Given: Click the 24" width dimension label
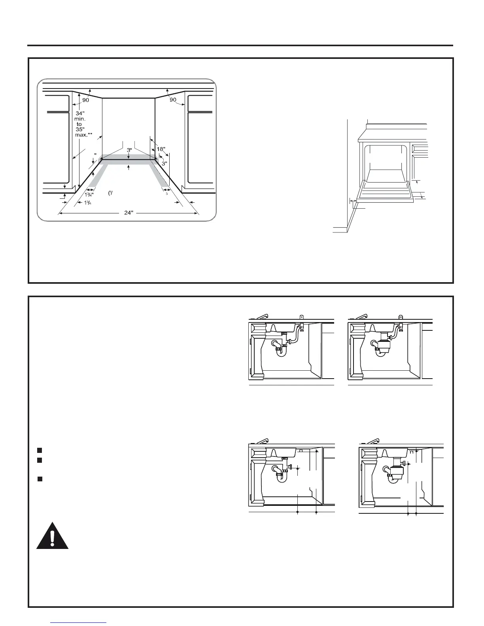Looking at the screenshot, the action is pyautogui.click(x=128, y=213).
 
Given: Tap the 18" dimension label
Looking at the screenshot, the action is pyautogui.click(x=161, y=149).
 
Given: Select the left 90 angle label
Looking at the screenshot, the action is pyautogui.click(x=86, y=100).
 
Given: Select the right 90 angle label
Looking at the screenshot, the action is pyautogui.click(x=173, y=100).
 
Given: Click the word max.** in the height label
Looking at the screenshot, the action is pyautogui.click(x=83, y=135).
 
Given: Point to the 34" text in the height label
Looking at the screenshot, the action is pyautogui.click(x=80, y=114).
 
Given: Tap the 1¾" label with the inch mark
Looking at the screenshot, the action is pyautogui.click(x=89, y=194).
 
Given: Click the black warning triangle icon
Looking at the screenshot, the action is pyautogui.click(x=53, y=536).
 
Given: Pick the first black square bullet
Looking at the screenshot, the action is pyautogui.click(x=40, y=450).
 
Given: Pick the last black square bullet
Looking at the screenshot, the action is pyautogui.click(x=40, y=479).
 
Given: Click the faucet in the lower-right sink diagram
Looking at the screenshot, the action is pyautogui.click(x=373, y=441).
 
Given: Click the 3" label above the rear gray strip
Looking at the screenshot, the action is pyautogui.click(x=129, y=151).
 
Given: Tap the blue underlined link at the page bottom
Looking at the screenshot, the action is pyautogui.click(x=79, y=623).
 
